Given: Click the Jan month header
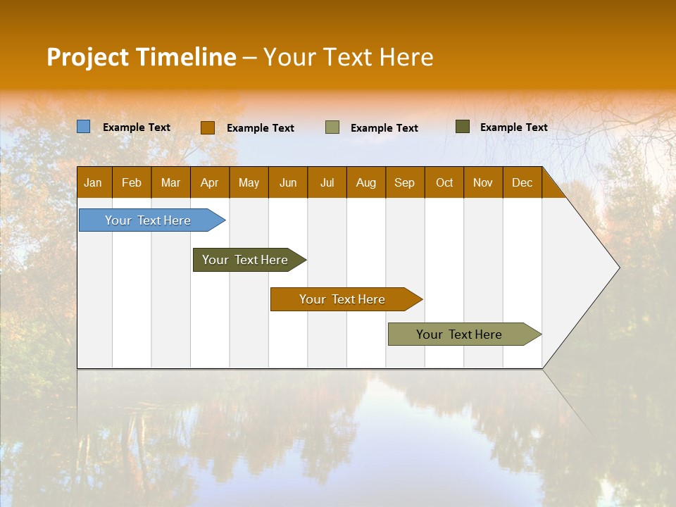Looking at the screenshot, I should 93,182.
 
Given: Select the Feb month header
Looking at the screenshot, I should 132,182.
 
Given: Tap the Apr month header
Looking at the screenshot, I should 209,182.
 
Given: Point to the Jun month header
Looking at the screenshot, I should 288,182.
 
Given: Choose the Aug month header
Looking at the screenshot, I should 365,182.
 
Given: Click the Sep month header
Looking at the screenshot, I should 404,182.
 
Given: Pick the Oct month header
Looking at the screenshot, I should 444,182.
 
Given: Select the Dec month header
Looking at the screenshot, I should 522,182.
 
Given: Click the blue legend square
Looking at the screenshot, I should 84,127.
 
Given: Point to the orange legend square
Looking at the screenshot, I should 208,127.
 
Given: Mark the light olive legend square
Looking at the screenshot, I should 332,127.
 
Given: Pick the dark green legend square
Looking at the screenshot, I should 463,127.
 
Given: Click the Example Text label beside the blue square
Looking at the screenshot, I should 137,127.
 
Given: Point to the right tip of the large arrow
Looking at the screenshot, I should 618,268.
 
